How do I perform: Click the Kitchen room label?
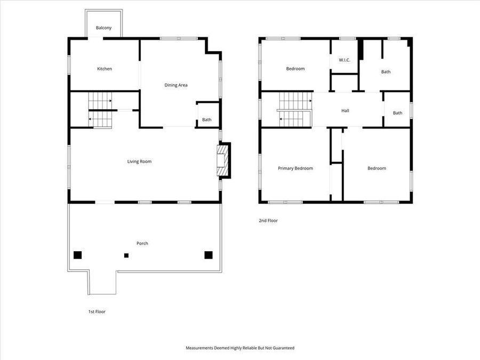pos(105,69)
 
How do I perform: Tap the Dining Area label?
pos(175,85)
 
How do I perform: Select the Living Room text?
pos(139,161)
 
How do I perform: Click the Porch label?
pos(142,243)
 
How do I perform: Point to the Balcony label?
pos(103,28)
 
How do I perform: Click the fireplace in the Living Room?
pos(222,160)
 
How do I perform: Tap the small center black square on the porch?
pos(126,255)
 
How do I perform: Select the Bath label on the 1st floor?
pos(206,119)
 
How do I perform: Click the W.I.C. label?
pos(344,60)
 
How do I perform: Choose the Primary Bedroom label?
pos(295,168)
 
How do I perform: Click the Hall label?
pos(345,110)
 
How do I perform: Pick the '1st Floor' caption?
pos(97,311)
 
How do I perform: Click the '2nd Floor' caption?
pos(268,220)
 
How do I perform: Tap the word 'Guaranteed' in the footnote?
pos(283,348)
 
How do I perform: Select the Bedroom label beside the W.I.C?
pos(295,69)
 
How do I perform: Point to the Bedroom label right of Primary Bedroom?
pos(377,168)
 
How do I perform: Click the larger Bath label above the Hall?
pos(386,71)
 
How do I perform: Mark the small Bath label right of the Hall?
pos(397,113)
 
